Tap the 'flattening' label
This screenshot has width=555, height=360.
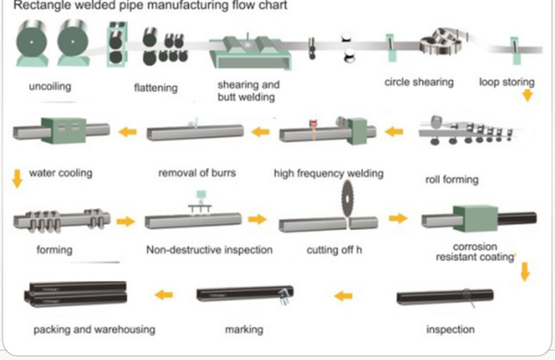156,87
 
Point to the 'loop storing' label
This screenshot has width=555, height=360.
506,83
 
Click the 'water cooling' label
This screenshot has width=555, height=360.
61,173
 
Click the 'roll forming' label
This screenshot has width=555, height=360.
452,180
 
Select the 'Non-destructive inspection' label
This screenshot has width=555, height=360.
209,251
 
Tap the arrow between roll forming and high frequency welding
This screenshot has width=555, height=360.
394,132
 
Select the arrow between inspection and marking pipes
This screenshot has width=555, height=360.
343,296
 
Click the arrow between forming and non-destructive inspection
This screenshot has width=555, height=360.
126,221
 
